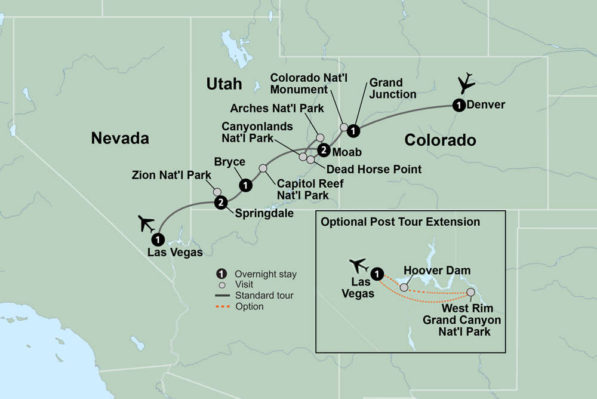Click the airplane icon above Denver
click(467, 82)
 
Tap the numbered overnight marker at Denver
click(458, 105)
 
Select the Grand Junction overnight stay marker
click(353, 130)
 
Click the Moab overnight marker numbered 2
click(323, 150)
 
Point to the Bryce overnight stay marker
click(244, 186)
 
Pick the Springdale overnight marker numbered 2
click(221, 202)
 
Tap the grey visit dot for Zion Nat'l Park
click(217, 192)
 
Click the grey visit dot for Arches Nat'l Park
click(319, 137)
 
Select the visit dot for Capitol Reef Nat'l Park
click(263, 168)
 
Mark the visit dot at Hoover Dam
click(404, 287)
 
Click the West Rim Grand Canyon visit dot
click(470, 293)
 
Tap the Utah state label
click(224, 84)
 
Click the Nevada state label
click(119, 139)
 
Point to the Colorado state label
click(440, 140)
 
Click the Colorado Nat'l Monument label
click(305, 84)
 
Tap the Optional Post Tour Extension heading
click(400, 222)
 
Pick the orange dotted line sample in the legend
click(226, 306)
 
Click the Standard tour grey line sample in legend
click(226, 296)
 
